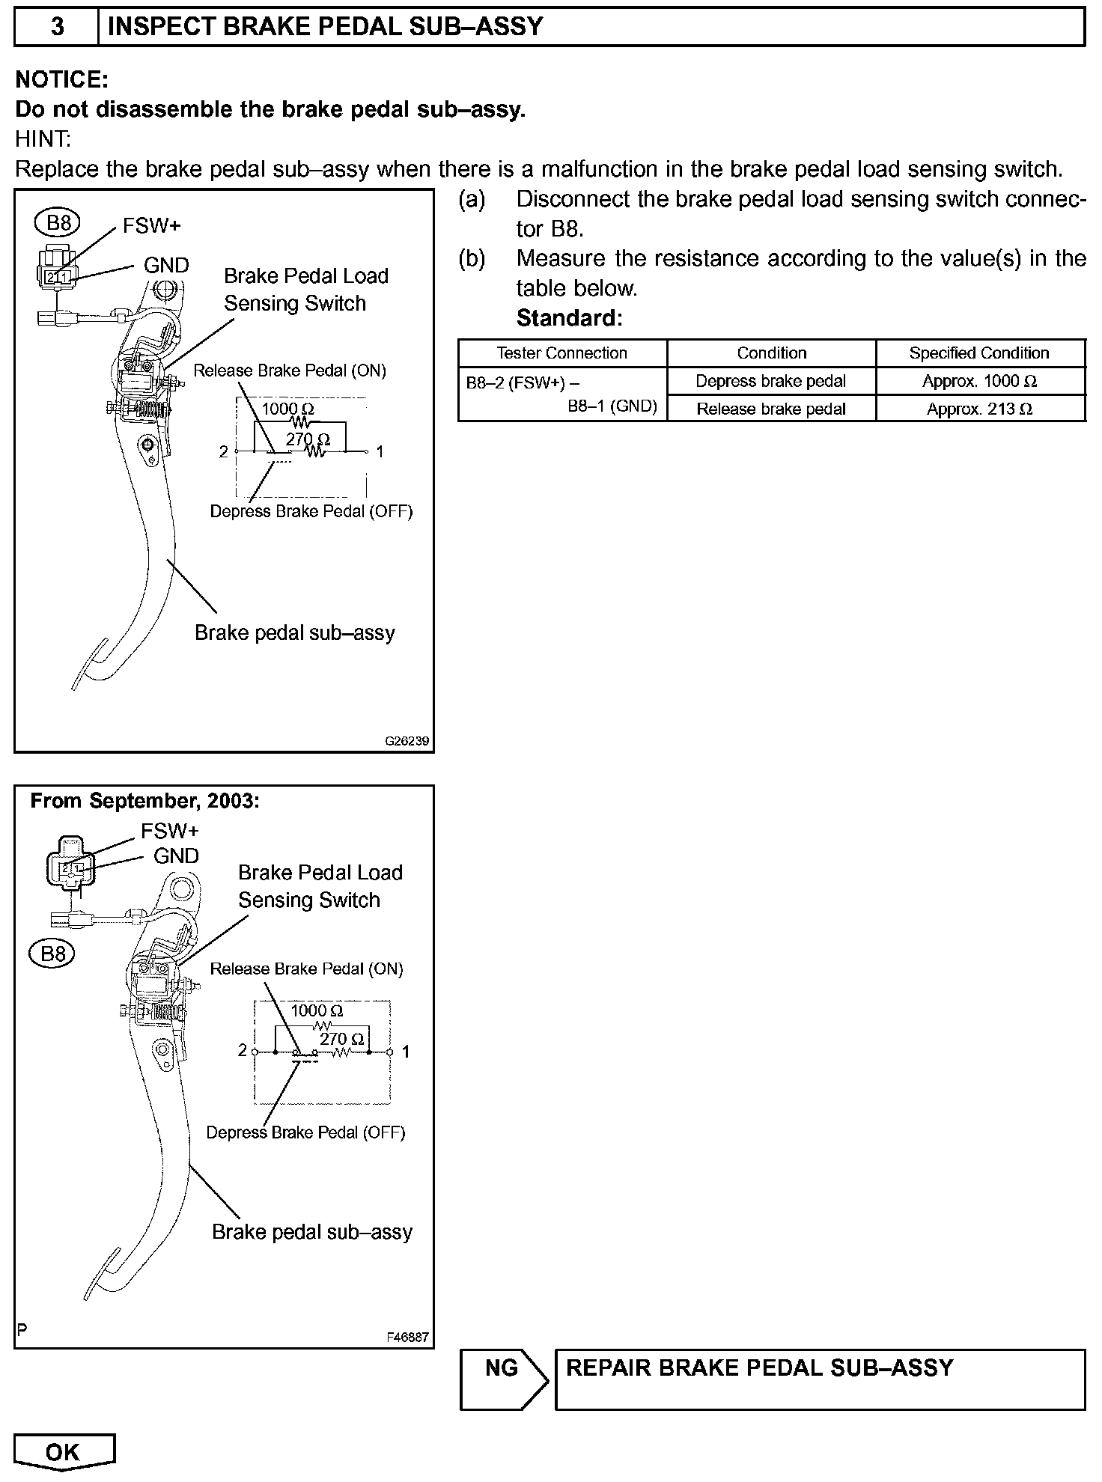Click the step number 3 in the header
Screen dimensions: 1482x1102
point(57,28)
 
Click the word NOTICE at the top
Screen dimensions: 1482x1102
point(62,79)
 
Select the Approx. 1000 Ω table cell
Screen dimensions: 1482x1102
point(979,381)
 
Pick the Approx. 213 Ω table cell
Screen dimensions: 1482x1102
point(979,409)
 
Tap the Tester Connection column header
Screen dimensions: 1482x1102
point(561,353)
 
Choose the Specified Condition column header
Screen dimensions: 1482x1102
point(979,353)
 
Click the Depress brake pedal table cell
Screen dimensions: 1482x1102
point(770,381)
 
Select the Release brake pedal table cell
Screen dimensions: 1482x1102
point(770,409)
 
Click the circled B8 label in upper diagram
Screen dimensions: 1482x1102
point(58,222)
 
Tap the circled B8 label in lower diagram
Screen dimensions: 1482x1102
point(53,954)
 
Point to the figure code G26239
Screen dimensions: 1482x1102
point(407,741)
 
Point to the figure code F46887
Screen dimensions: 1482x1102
point(408,1337)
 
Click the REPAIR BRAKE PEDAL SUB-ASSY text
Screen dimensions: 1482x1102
point(759,1368)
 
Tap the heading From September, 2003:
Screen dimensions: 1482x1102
point(144,801)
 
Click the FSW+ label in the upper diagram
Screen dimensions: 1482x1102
point(152,226)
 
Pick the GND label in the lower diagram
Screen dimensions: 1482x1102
point(177,856)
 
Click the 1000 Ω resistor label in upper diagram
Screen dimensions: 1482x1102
point(287,409)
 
